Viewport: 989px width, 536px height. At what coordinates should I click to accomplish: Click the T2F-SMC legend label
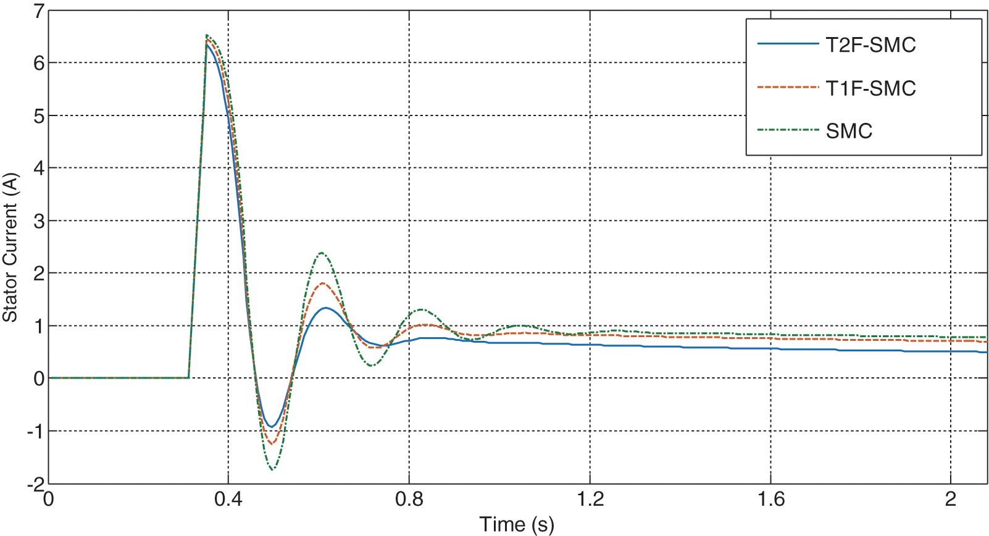click(x=870, y=45)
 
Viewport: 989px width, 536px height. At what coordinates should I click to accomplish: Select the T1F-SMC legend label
click(x=870, y=88)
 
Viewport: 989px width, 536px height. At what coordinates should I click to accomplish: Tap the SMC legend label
click(x=849, y=131)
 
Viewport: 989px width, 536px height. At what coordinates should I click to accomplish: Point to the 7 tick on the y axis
click(x=39, y=10)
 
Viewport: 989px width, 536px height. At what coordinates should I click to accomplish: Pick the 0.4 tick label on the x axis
click(x=228, y=499)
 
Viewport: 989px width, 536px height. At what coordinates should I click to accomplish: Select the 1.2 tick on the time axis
click(x=590, y=499)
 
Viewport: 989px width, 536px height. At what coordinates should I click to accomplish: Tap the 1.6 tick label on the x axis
click(x=770, y=499)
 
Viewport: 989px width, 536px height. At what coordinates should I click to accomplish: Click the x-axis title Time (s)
click(x=517, y=524)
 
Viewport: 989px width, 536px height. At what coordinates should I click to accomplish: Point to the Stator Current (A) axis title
click(x=10, y=247)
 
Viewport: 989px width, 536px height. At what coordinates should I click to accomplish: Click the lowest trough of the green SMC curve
click(x=272, y=469)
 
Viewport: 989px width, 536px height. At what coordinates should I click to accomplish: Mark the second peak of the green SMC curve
click(x=322, y=253)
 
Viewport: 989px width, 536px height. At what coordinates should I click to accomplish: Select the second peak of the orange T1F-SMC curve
click(x=322, y=283)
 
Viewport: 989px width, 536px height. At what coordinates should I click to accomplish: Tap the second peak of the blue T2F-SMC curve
click(x=325, y=308)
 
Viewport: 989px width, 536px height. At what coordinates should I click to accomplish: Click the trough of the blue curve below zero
click(x=271, y=427)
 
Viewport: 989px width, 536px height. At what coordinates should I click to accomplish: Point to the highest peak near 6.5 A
click(x=207, y=35)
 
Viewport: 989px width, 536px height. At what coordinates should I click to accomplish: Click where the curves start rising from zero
click(x=188, y=377)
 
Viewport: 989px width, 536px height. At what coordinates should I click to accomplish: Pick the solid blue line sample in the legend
click(x=788, y=44)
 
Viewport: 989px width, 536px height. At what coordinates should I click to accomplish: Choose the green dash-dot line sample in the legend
click(x=788, y=130)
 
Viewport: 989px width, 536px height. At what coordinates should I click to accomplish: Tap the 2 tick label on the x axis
click(x=951, y=499)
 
